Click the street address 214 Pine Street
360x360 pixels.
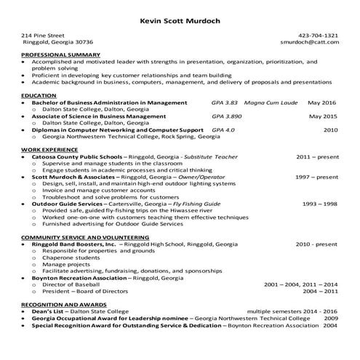[43, 35]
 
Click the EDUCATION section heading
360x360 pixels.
[39, 95]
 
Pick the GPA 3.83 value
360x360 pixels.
[225, 103]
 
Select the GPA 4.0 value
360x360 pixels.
[223, 129]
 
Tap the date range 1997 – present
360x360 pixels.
[316, 177]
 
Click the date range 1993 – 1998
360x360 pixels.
[320, 204]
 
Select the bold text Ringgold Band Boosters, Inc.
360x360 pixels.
[73, 244]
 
